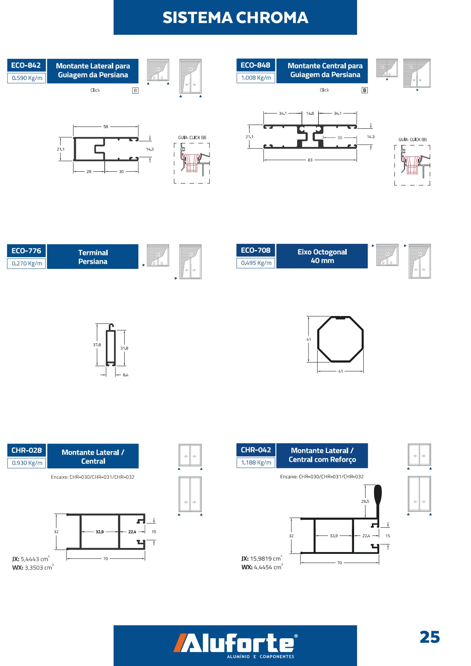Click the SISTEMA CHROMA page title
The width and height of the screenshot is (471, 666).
tap(235, 18)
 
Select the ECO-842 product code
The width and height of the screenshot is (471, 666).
tap(26, 65)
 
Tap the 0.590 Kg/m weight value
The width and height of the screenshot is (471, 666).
tap(27, 78)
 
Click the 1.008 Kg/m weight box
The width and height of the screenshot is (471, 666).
tap(256, 78)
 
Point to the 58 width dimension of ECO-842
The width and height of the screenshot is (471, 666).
tap(106, 127)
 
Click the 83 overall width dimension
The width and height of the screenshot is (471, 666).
tap(310, 160)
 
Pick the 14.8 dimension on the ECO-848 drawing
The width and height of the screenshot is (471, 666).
tap(310, 114)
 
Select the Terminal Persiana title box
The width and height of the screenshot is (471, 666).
tap(93, 257)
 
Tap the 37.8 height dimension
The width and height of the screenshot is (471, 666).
tap(97, 345)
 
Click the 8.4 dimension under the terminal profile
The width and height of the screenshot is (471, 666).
tap(125, 375)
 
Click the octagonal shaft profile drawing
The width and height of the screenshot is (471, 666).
tap(340, 339)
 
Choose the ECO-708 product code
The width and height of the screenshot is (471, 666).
tap(256, 250)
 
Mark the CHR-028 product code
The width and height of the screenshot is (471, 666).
tap(27, 450)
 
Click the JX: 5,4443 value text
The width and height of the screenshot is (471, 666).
tap(31, 559)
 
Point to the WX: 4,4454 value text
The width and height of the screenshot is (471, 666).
tap(262, 567)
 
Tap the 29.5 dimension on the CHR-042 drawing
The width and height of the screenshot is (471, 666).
tap(365, 502)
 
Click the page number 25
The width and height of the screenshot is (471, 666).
tap(430, 637)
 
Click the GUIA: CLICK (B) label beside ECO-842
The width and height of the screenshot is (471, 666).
tap(192, 138)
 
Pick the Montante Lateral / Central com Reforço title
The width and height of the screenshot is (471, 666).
tap(322, 455)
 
